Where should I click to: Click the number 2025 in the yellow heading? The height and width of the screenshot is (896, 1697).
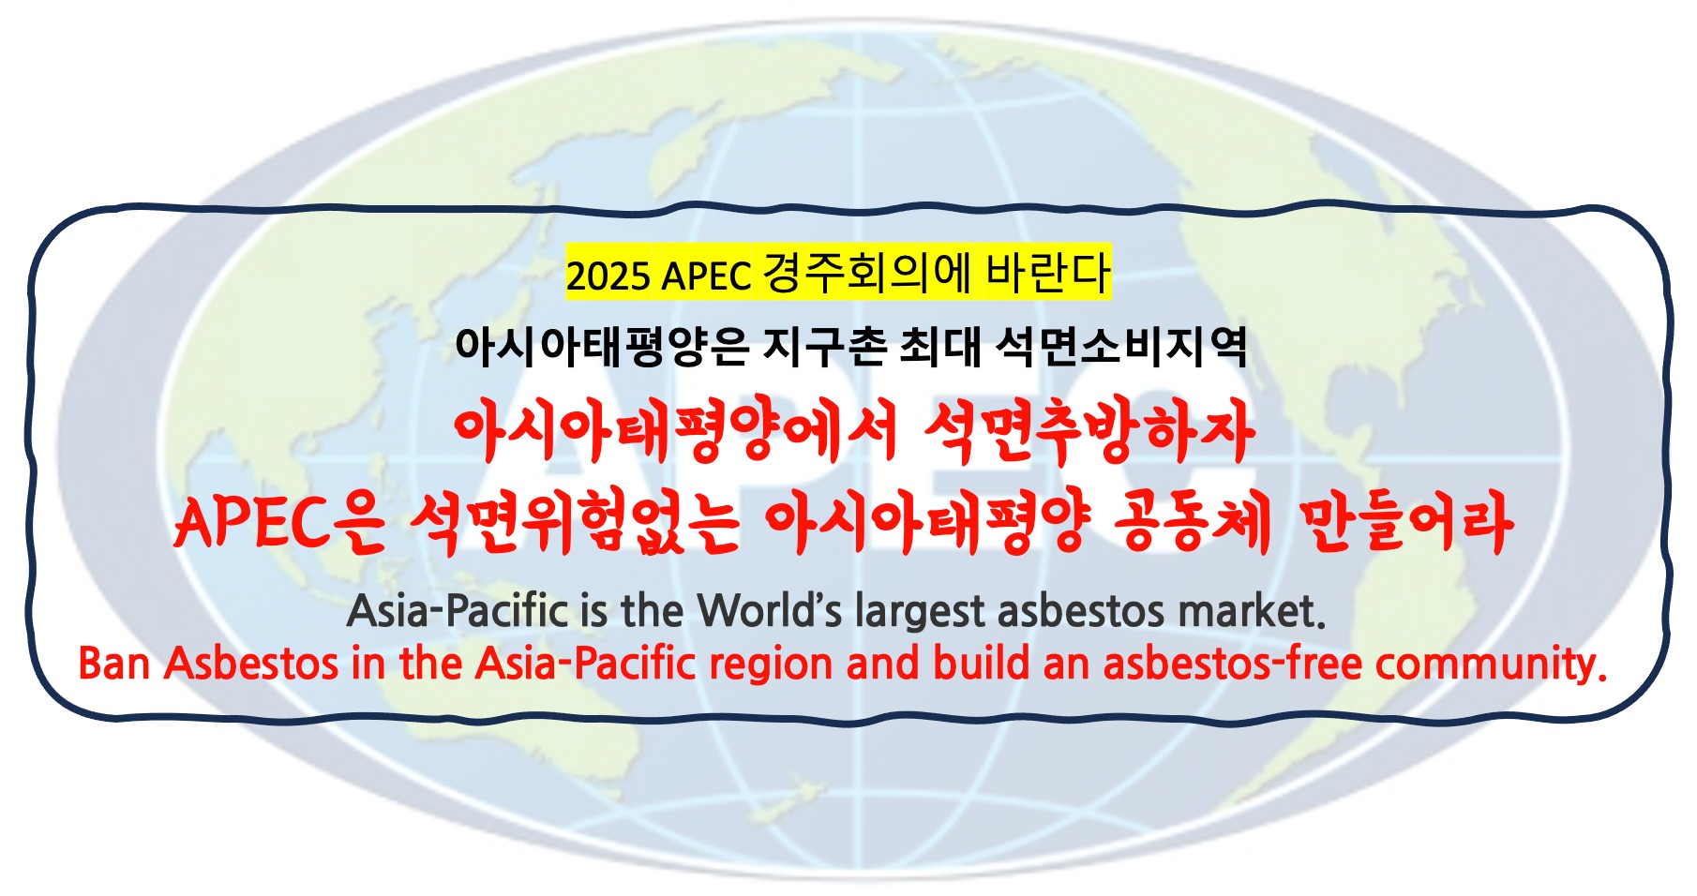608,276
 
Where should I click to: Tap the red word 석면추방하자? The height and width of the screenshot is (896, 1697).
1089,433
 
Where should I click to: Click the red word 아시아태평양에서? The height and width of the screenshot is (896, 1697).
675,433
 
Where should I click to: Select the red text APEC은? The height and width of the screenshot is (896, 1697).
278,522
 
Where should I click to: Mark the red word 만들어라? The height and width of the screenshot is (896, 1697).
1406,522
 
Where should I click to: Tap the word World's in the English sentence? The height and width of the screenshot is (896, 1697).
771,611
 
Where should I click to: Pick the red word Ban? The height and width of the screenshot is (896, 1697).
114,664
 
